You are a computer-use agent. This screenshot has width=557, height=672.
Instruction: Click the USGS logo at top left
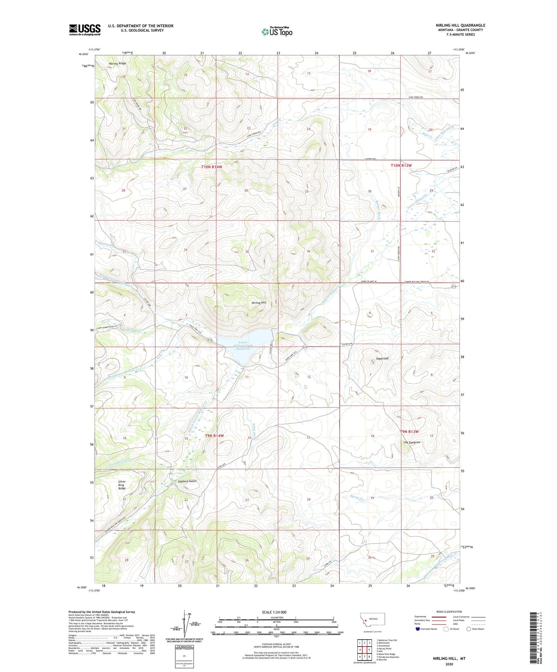click(84, 30)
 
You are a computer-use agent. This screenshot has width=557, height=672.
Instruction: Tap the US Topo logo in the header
click(276, 32)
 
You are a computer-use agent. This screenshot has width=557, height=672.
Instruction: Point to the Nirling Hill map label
click(259, 303)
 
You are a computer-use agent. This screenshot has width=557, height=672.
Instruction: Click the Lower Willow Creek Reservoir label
click(243, 345)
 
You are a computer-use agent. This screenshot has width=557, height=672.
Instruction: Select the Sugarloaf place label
click(382, 358)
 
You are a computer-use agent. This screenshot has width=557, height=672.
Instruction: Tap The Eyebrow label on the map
click(412, 443)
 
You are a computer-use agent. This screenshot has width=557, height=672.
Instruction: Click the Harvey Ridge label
click(117, 64)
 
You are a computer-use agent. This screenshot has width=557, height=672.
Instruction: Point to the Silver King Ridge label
click(122, 485)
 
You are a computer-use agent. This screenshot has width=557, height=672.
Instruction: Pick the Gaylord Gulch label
click(187, 481)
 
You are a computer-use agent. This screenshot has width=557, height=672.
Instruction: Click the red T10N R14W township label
click(212, 167)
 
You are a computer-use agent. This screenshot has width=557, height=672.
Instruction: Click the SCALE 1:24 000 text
click(276, 612)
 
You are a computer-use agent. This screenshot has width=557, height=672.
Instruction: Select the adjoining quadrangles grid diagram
click(364, 650)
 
